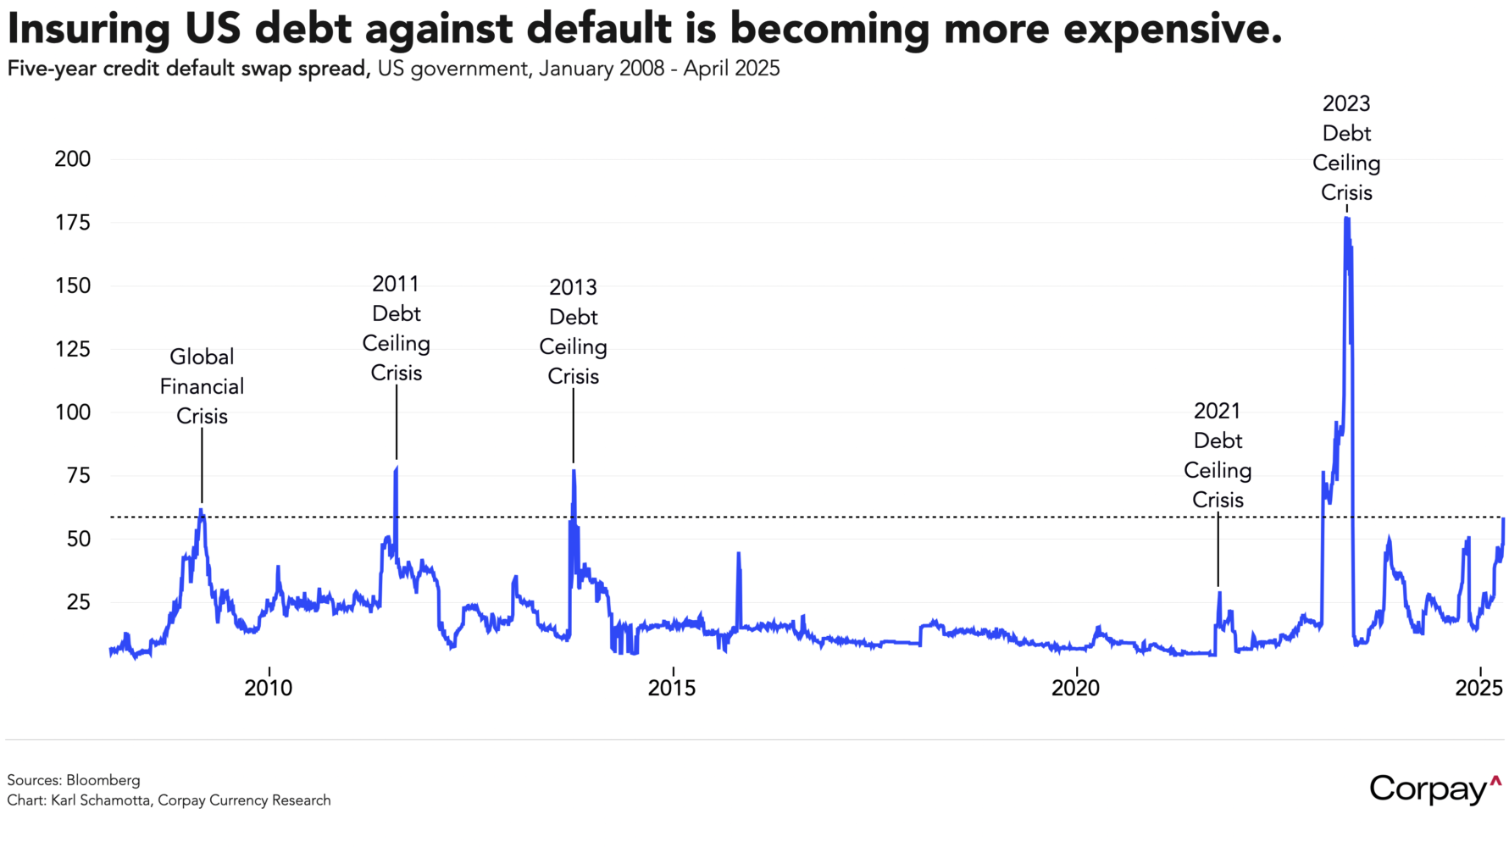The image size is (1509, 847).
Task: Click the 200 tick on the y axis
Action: [x=73, y=159]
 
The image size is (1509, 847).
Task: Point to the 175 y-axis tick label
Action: [x=73, y=223]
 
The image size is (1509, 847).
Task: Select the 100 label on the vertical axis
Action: [x=73, y=412]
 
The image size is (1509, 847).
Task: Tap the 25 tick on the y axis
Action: [x=78, y=602]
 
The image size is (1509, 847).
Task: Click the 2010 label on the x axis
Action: [x=269, y=688]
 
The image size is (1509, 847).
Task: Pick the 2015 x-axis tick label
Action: [x=672, y=688]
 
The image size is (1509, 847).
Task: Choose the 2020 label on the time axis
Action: [x=1075, y=688]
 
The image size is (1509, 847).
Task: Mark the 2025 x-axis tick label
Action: [x=1478, y=688]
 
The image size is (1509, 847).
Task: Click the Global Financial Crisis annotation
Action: [x=202, y=386]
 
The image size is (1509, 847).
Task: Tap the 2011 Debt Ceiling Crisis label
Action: [x=397, y=329]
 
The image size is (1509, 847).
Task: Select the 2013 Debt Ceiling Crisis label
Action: [x=574, y=332]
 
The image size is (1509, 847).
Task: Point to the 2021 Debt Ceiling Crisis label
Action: [x=1218, y=456]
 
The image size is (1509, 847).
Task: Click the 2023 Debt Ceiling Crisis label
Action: [x=1346, y=148]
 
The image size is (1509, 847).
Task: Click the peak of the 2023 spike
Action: [x=1346, y=219]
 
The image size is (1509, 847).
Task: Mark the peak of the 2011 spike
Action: [x=397, y=468]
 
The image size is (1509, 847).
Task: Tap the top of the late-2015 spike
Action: [x=739, y=554]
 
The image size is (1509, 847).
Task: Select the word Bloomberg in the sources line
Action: [x=103, y=780]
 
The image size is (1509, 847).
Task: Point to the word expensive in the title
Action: [x=1173, y=29]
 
